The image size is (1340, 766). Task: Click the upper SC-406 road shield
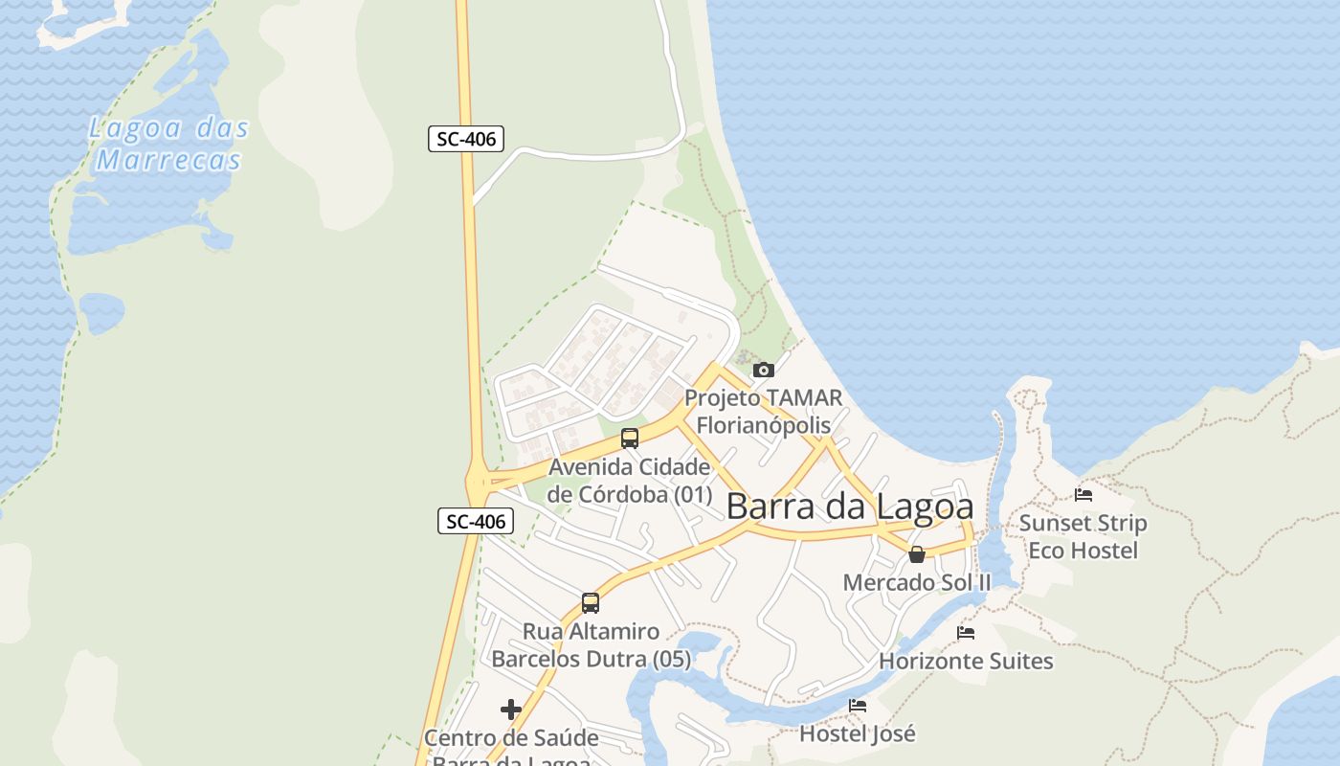466,139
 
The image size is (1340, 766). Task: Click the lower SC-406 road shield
477,521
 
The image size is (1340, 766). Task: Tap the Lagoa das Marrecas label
169,144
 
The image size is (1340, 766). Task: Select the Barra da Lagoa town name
850,507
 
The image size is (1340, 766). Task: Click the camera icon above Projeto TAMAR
763,370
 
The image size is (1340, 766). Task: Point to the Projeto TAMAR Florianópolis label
763,411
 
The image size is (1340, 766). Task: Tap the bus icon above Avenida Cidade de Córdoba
630,439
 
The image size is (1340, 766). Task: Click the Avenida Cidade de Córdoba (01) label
630,481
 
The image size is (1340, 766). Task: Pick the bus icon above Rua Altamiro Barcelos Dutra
591,603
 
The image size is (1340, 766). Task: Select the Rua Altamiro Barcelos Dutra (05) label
591,645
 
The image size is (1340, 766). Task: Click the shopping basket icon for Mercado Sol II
917,554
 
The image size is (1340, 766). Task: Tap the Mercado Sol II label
917,582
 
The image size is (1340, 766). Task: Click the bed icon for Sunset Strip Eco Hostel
1083,495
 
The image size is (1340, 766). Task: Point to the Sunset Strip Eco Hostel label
1083,536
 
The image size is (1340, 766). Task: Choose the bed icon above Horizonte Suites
966,633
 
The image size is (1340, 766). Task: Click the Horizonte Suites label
966,661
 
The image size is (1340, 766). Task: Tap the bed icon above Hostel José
858,706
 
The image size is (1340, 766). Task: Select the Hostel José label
858,733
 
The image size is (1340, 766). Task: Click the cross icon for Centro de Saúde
511,710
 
